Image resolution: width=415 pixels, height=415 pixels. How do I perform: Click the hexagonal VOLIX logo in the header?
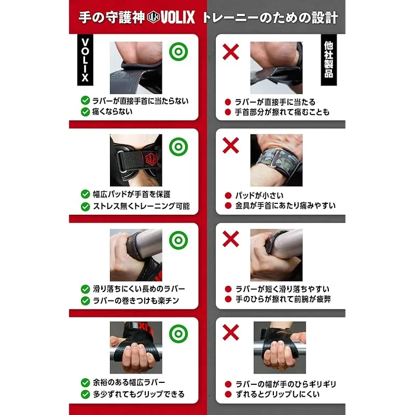(x=153, y=18)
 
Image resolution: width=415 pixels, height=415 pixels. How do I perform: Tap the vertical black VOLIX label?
(x=85, y=60)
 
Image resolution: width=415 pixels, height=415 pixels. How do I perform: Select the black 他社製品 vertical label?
(x=329, y=60)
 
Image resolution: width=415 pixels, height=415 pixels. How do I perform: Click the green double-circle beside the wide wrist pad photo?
(x=178, y=147)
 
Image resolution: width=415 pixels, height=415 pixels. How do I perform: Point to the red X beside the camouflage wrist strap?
(x=231, y=145)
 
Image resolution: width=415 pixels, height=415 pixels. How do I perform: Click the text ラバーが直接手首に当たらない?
(x=140, y=101)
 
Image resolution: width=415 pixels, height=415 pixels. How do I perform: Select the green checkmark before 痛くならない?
(x=85, y=112)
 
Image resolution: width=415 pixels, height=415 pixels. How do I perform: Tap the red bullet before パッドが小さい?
(x=228, y=196)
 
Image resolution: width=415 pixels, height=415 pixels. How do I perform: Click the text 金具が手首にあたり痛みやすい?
(x=286, y=205)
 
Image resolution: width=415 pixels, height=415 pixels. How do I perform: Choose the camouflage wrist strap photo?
(x=276, y=160)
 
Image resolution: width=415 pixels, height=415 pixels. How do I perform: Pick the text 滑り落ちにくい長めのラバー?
(x=139, y=289)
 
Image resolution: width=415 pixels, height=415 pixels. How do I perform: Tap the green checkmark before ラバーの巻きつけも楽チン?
(x=85, y=301)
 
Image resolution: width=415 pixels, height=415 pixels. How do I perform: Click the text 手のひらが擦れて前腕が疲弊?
(x=283, y=299)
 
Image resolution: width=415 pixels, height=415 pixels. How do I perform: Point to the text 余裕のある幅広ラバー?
(x=129, y=382)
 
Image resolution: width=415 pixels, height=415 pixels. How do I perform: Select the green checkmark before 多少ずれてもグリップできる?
(x=85, y=394)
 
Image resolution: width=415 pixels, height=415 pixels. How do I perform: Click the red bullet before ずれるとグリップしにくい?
(x=228, y=394)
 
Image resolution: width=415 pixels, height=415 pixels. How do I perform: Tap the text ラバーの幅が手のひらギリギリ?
(x=286, y=384)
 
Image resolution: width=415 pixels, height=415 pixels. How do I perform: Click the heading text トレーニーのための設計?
(x=270, y=18)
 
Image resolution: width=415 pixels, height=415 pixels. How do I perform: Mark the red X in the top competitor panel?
(x=231, y=51)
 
